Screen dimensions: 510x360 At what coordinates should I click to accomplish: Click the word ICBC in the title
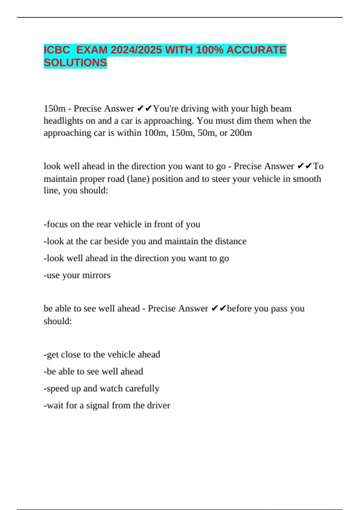pos(57,50)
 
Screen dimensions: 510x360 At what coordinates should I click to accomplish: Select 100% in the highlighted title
pos(209,50)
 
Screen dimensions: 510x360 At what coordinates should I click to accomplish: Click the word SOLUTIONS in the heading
pos(75,63)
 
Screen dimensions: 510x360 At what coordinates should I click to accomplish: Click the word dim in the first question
pos(244,121)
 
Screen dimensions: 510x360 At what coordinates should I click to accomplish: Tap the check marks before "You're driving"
pos(145,109)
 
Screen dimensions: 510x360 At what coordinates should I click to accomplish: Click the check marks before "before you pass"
pos(218,308)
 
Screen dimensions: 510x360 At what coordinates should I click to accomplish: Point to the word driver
pos(159,405)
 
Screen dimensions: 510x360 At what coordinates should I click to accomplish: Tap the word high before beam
pos(259,109)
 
